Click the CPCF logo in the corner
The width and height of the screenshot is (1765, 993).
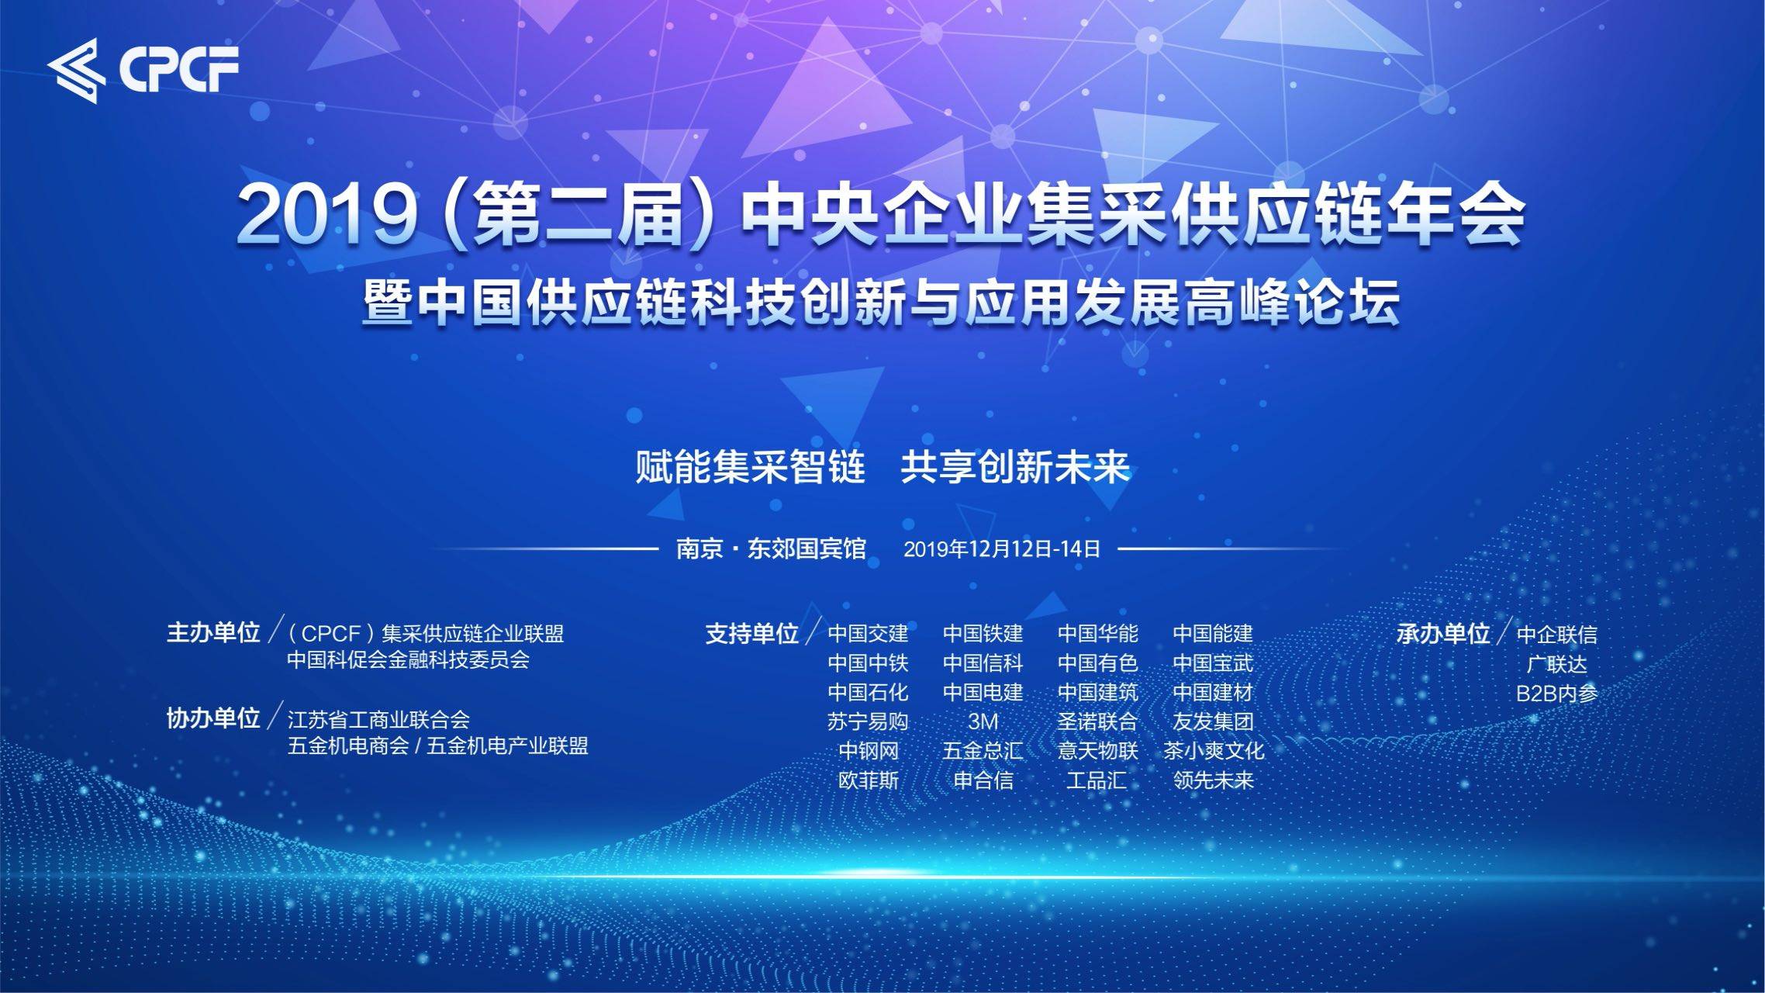[143, 70]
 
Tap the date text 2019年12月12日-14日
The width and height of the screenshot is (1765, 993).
[1002, 549]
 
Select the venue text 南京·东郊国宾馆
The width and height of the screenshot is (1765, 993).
[771, 549]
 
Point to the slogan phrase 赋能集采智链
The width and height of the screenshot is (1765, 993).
[750, 467]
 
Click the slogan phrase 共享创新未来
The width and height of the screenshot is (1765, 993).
[1015, 467]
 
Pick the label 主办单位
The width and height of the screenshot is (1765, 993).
[213, 633]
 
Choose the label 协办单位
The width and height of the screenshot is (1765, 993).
[213, 718]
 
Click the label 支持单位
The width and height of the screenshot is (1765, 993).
[751, 634]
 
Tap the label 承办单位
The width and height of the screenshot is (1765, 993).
[1443, 634]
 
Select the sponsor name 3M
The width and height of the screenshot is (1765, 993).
[983, 721]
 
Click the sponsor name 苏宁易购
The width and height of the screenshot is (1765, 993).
[868, 721]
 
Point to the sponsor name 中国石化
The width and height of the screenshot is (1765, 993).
[868, 692]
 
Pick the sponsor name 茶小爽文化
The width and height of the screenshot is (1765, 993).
[1214, 751]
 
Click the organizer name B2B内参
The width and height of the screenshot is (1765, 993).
[1556, 694]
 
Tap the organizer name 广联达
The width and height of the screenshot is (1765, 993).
[1556, 664]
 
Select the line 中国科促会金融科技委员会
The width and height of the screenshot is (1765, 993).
[408, 660]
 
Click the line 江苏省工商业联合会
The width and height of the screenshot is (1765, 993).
[378, 719]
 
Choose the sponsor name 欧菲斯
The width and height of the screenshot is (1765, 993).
[868, 780]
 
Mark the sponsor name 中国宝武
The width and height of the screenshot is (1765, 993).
[1214, 663]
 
